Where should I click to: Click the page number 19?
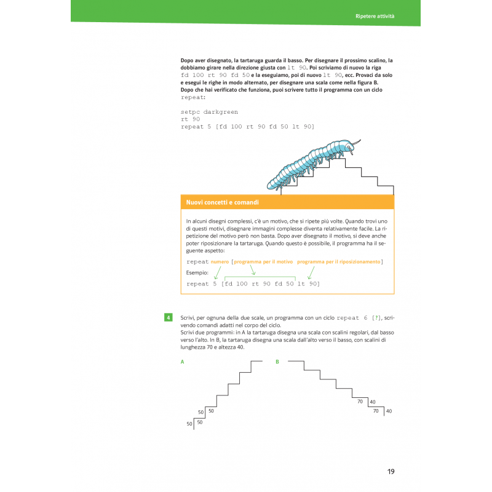pos(391,472)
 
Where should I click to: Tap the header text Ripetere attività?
pos(375,15)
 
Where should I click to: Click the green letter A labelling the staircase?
pos(182,362)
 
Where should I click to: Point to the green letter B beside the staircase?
pos(277,362)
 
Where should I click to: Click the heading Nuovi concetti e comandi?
pos(223,202)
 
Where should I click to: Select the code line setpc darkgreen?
pos(209,112)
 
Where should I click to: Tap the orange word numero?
pos(220,262)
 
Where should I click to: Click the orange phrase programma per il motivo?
pos(263,262)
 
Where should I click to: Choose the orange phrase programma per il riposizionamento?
pos(339,262)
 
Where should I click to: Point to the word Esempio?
pos(197,272)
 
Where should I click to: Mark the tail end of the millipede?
pos(271,184)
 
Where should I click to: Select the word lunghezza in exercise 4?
pos(195,347)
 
